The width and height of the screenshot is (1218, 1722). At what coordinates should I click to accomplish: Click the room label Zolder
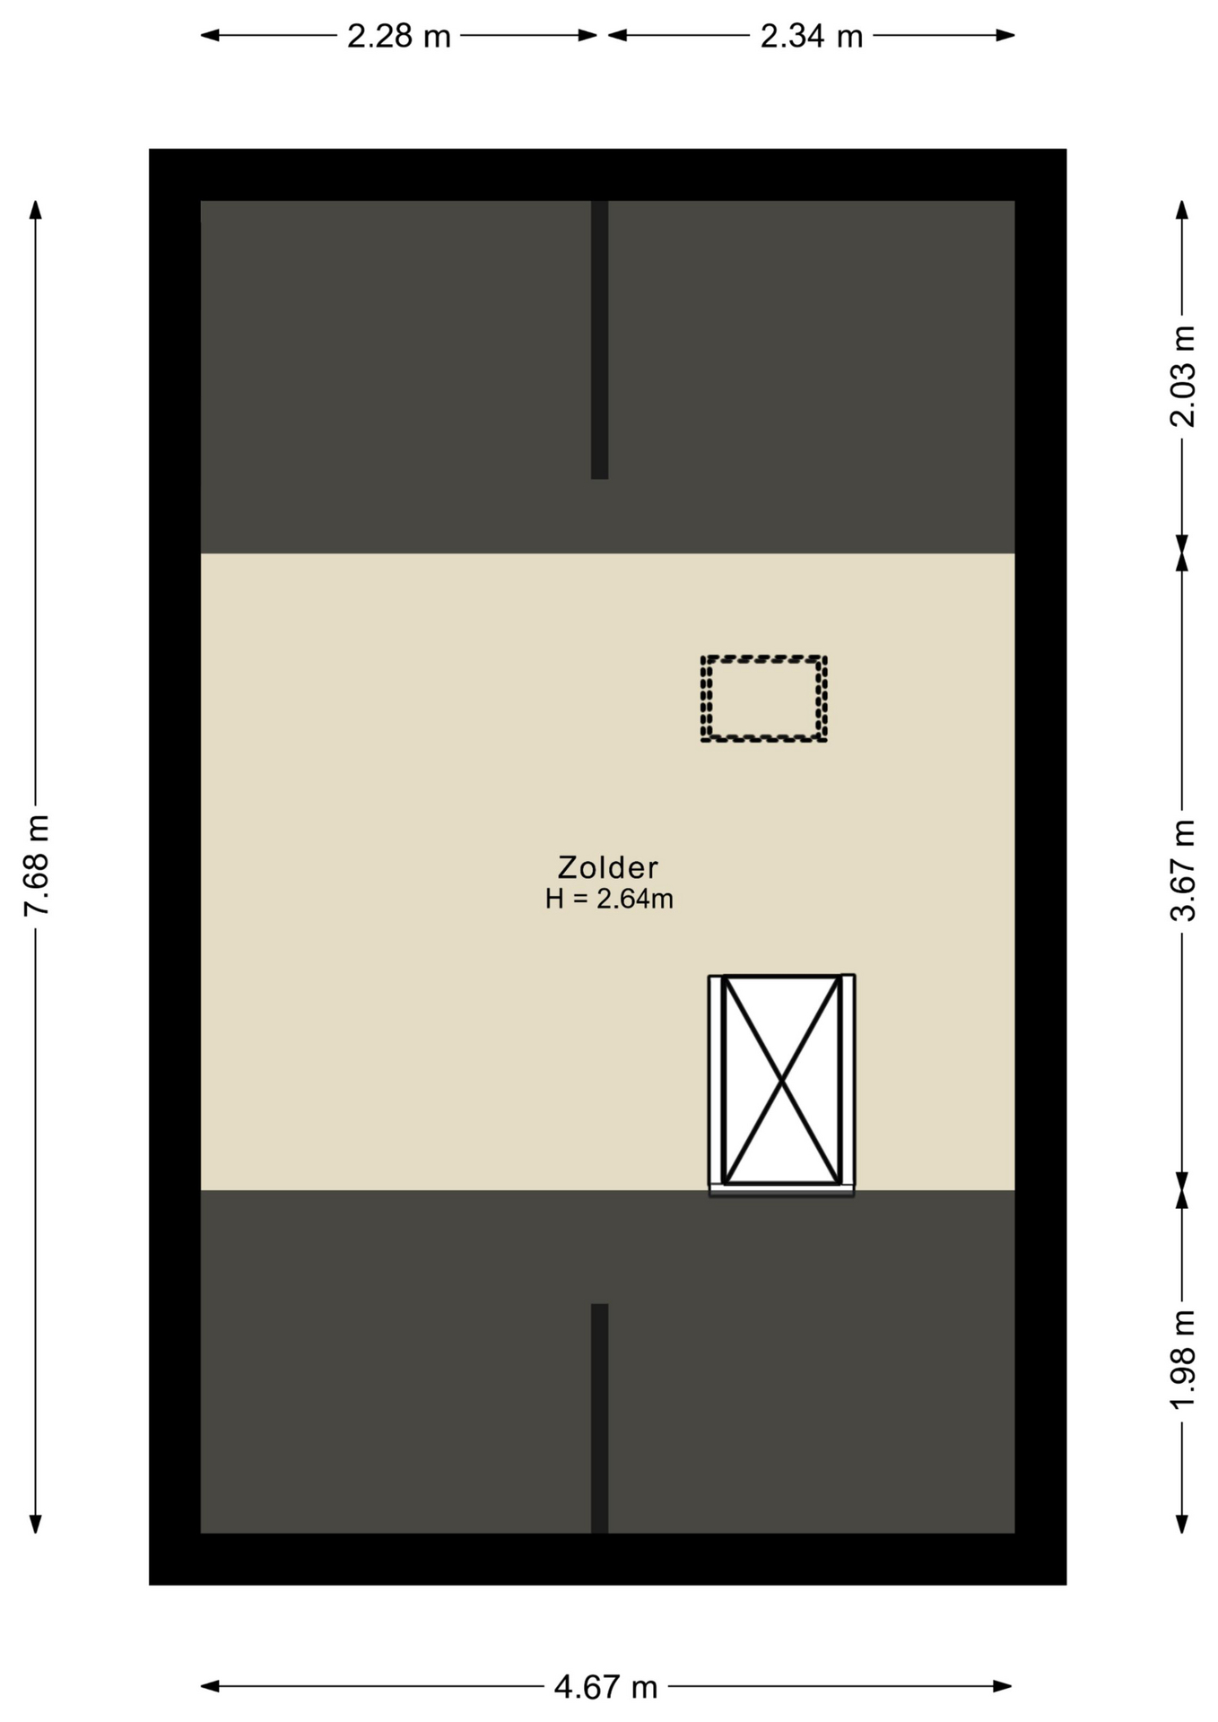(x=608, y=867)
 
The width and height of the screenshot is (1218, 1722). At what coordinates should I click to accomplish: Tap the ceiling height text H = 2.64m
(x=609, y=899)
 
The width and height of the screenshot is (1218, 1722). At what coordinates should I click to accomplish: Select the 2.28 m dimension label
(x=399, y=37)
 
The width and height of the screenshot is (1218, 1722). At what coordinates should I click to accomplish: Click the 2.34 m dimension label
(x=812, y=37)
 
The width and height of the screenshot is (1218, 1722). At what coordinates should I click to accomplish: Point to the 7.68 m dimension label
(x=37, y=865)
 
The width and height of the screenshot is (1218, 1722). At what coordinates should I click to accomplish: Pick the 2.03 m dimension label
(x=1183, y=376)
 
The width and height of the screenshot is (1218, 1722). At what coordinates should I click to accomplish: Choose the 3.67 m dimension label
(x=1183, y=870)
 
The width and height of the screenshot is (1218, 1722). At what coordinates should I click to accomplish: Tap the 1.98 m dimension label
(x=1183, y=1360)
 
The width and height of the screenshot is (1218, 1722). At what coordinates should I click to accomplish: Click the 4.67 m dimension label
(x=606, y=1687)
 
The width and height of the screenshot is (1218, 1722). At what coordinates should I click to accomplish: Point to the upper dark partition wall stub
(x=600, y=340)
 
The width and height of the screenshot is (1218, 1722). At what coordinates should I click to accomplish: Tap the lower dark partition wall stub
(x=600, y=1418)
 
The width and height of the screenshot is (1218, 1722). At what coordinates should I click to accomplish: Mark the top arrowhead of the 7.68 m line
(x=36, y=210)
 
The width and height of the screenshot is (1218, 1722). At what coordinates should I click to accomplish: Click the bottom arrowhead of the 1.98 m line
(x=1182, y=1524)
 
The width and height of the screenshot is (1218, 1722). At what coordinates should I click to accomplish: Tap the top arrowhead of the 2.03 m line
(x=1182, y=210)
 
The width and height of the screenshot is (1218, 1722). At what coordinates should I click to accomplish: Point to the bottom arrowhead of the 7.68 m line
(x=36, y=1524)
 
